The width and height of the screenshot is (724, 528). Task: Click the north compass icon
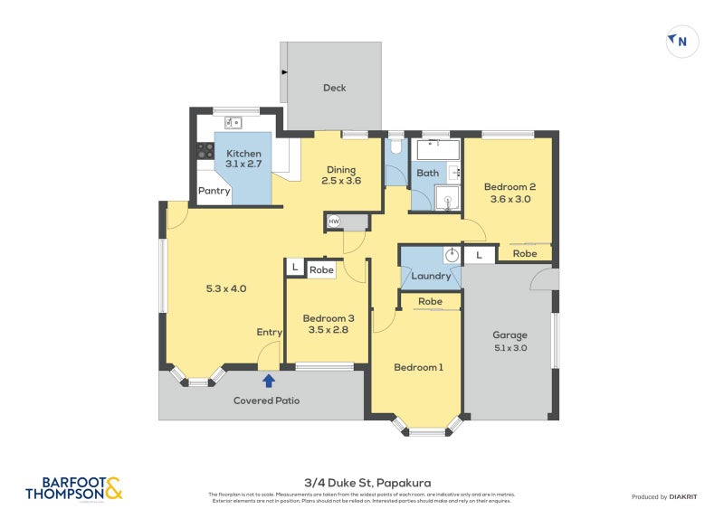681,41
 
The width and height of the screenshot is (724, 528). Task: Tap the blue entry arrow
268,381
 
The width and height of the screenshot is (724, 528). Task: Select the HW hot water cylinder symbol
334,222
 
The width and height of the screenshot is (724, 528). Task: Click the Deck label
335,88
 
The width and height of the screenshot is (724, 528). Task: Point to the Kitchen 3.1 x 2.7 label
243,159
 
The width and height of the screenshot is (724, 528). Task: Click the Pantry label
214,191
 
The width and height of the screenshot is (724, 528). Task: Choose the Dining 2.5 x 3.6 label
341,175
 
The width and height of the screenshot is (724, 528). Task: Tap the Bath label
427,173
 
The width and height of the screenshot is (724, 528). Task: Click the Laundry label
431,276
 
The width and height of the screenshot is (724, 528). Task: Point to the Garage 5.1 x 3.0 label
510,341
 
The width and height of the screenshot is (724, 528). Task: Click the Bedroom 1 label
418,367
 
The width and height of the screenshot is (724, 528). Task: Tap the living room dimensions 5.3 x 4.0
226,289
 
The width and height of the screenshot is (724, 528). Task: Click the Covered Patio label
266,401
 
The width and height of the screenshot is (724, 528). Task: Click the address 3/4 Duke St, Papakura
361,484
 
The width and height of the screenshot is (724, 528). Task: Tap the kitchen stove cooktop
205,151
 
